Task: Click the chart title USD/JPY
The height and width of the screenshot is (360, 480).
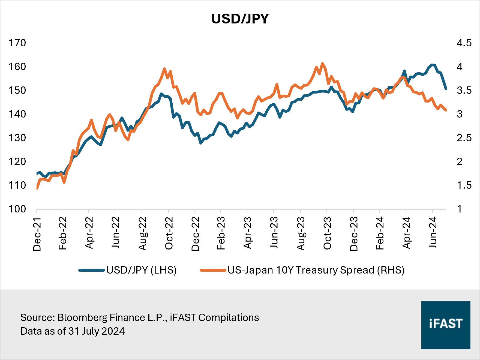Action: pos(240,19)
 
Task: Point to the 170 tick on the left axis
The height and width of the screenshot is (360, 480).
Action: pos(17,43)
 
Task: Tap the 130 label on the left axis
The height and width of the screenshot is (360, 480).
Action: pos(17,138)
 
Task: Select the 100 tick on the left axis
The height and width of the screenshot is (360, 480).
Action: pos(17,209)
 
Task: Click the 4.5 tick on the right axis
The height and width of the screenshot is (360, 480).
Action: pos(464,43)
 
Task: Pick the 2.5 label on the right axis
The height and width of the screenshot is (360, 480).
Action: pos(464,138)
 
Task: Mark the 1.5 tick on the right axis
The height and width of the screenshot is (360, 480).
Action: pos(464,185)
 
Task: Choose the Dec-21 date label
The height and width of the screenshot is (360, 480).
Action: pos(37,234)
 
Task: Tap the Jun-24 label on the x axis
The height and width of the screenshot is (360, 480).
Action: pos(433,232)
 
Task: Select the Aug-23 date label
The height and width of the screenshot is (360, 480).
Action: pos(301,233)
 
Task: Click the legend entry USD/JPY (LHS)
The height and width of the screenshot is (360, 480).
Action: pos(141,270)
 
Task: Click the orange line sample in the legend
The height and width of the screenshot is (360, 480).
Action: pos(213,270)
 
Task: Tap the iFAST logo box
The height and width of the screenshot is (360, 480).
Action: pos(445,325)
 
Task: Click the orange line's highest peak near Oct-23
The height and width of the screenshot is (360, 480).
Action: pos(322,64)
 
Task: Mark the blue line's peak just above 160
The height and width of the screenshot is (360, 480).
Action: pos(432,65)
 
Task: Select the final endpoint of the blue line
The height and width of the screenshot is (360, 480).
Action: pos(446,89)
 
